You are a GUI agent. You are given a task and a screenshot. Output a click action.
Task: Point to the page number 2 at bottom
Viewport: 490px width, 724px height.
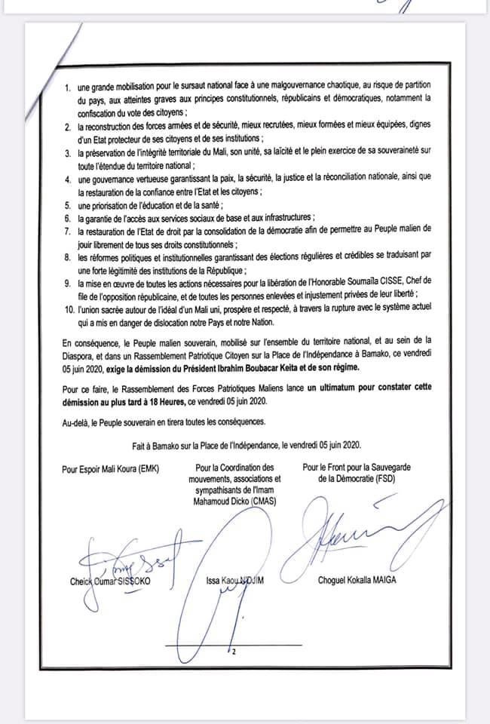tap(236, 652)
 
